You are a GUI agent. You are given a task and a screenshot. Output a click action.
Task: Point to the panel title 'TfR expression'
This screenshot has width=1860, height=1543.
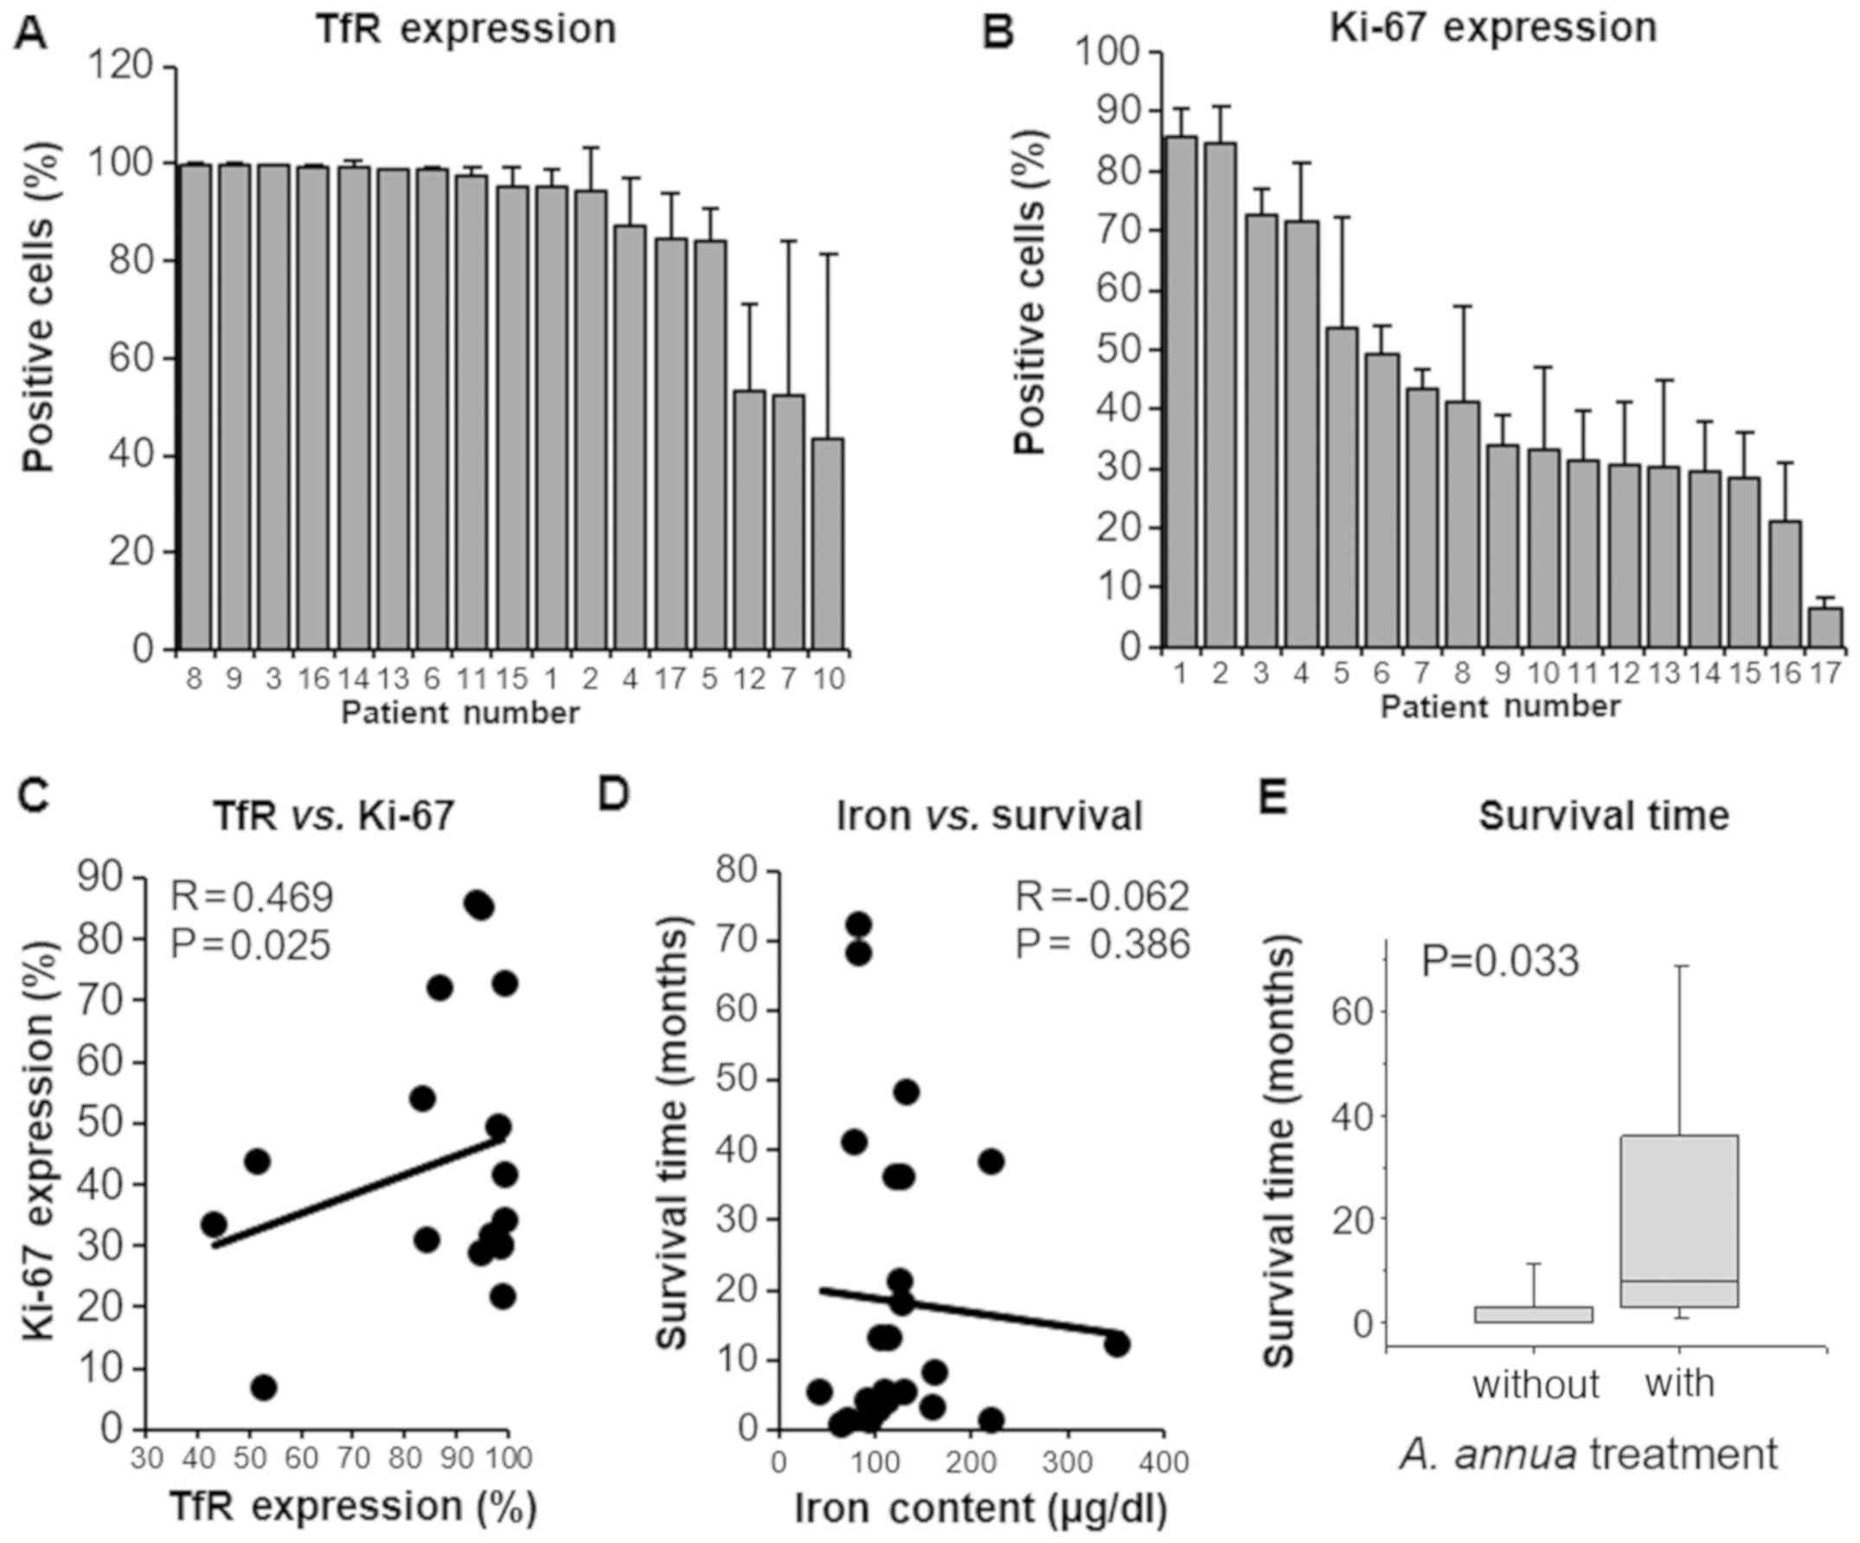pyautogui.click(x=468, y=29)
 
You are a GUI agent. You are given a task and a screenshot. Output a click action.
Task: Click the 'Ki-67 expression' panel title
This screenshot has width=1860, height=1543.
pyautogui.click(x=1493, y=28)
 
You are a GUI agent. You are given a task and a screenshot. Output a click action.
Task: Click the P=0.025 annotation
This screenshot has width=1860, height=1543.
pyautogui.click(x=251, y=945)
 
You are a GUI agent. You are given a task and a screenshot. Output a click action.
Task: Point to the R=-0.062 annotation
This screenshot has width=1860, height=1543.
pyautogui.click(x=1102, y=897)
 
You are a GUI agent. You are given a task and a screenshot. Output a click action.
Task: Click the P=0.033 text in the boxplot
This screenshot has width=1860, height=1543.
pyautogui.click(x=1500, y=962)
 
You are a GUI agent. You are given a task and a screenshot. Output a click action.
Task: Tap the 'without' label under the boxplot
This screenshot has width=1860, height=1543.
pyautogui.click(x=1535, y=1384)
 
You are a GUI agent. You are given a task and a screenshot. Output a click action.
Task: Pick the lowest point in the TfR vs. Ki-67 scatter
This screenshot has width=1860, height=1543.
pyautogui.click(x=264, y=1387)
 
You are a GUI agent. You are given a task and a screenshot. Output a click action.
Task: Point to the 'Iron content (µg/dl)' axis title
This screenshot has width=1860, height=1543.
pyautogui.click(x=980, y=1510)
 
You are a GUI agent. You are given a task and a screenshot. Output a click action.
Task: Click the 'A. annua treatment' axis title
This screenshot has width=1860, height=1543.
pyautogui.click(x=1589, y=1455)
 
